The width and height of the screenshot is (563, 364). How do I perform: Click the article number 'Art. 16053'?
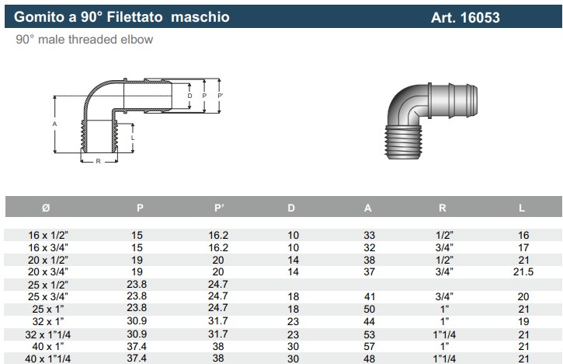pos(465,17)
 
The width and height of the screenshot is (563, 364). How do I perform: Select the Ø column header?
pos(46,208)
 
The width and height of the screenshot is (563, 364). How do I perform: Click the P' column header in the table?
pos(219,208)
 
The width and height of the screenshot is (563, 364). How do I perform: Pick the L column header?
pos(522,208)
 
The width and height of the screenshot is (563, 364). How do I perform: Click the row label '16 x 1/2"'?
pos(48,235)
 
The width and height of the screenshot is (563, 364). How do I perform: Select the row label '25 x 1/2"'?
pos(48,285)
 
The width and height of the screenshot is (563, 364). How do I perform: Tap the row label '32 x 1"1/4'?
pos(47,334)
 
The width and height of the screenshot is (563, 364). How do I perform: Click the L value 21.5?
pos(523,271)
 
